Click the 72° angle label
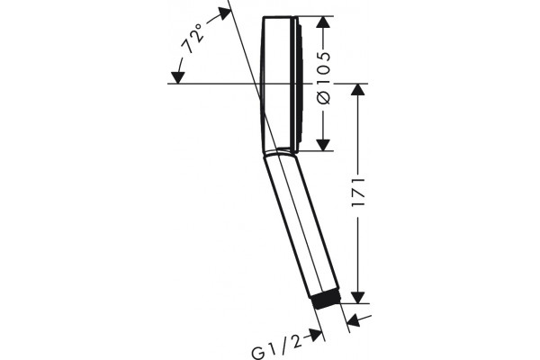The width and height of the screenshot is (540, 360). pos(193,39)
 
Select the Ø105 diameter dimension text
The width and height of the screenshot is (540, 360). pos(323,78)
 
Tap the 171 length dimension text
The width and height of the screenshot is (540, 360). pos(358,193)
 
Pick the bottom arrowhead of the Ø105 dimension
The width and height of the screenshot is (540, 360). pos(323,145)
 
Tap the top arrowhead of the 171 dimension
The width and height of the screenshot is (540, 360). pos(358,90)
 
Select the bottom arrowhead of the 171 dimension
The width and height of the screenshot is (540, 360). pos(358,298)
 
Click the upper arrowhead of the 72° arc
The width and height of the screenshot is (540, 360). pos(224,13)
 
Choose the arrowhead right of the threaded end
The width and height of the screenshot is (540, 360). pos(354,321)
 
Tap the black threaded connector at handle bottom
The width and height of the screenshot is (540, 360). pos(326,301)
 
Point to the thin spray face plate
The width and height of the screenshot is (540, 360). pos(299,83)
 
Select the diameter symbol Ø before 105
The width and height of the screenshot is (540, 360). pos(323,97)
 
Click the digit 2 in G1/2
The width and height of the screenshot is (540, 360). pos(297,342)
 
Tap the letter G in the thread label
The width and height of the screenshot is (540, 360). pos(258,353)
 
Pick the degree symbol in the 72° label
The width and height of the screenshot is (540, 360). pos(198,27)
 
